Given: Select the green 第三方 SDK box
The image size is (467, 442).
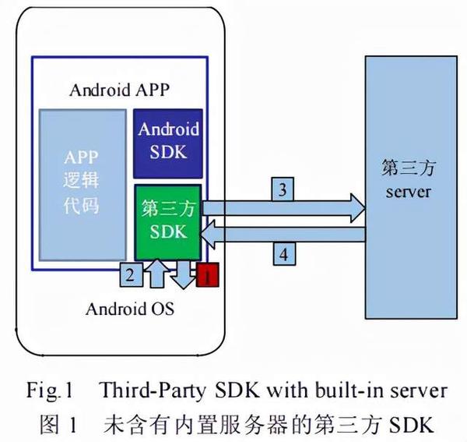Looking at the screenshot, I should pyautogui.click(x=168, y=221).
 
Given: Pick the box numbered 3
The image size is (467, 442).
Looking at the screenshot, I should pyautogui.click(x=283, y=189).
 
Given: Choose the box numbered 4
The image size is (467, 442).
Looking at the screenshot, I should pyautogui.click(x=283, y=254).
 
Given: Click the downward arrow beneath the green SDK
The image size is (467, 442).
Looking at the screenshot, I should pyautogui.click(x=184, y=274).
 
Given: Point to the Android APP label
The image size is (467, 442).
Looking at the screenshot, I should pyautogui.click(x=119, y=89).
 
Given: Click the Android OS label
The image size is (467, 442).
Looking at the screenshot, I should pyautogui.click(x=129, y=309).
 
